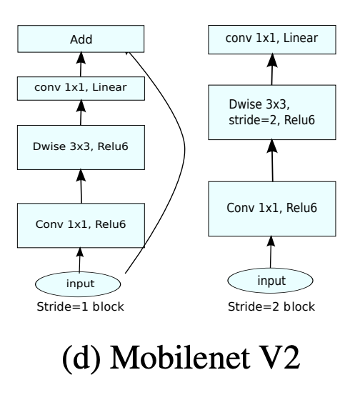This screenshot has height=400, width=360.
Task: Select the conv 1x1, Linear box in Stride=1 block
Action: (80, 89)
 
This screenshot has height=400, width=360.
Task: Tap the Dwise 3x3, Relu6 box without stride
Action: (80, 148)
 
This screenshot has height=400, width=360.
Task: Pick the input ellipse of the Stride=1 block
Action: (80, 283)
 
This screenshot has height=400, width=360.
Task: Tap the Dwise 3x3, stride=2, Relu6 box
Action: (272, 111)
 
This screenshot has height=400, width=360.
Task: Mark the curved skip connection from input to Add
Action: (184, 157)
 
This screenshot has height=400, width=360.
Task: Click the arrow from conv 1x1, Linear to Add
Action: (80, 66)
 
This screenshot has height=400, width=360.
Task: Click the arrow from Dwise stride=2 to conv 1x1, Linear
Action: (272, 70)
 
